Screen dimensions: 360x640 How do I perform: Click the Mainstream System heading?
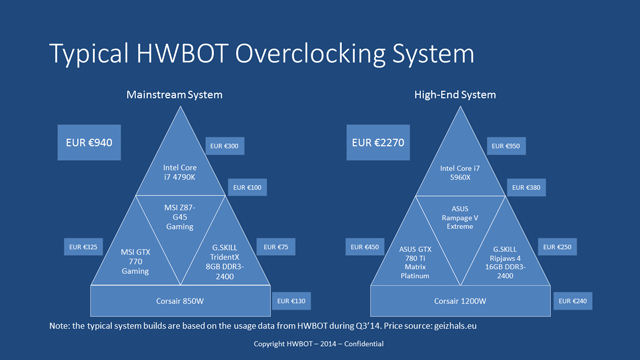click(174, 94)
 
